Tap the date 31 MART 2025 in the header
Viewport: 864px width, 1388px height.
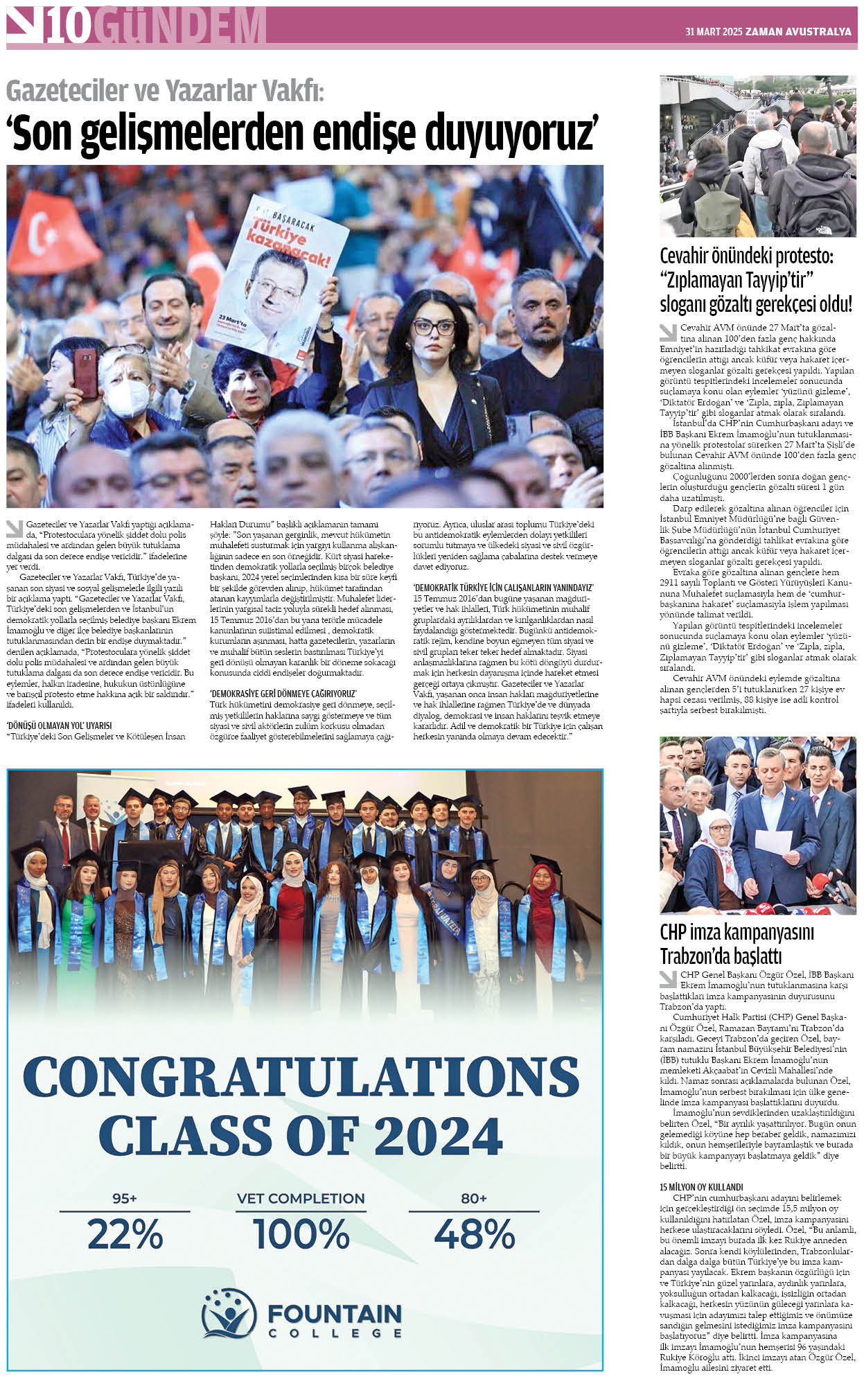pyautogui.click(x=713, y=32)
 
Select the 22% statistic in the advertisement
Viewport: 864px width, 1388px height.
pyautogui.click(x=125, y=1234)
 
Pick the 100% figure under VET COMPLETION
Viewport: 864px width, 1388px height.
pyautogui.click(x=301, y=1234)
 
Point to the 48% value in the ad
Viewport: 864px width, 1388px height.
pyautogui.click(x=475, y=1234)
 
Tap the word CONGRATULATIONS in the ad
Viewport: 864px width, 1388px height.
pyautogui.click(x=301, y=1076)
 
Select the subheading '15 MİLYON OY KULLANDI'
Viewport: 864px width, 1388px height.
pyautogui.click(x=701, y=1186)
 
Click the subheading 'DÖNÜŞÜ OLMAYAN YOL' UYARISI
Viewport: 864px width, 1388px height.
pyautogui.click(x=59, y=726)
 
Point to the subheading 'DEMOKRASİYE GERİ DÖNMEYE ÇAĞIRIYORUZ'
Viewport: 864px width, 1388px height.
pyautogui.click(x=283, y=694)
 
